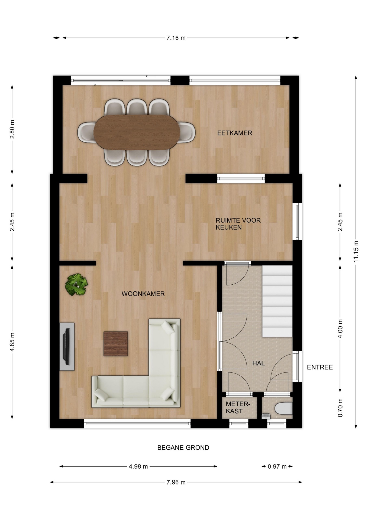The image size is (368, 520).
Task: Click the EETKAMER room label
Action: pos(235,133)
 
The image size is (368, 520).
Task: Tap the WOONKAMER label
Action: pos(143,294)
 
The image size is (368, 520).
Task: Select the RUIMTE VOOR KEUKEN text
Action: pos(238,224)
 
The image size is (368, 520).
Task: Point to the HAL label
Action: pos(259,363)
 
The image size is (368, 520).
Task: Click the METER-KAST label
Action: pos(238,407)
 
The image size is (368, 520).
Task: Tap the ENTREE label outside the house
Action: pos(320,367)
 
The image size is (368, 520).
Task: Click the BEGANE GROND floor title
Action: pos(183,448)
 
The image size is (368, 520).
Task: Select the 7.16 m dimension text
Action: pos(176,38)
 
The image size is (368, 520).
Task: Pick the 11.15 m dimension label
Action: pos(356,251)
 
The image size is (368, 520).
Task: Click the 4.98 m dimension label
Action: pos(138,466)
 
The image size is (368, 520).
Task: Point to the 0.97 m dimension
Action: pos(277,466)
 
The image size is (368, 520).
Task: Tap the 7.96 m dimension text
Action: pos(176,482)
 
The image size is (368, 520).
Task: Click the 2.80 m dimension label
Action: pos(12,129)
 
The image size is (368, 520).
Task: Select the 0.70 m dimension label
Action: pos(340,408)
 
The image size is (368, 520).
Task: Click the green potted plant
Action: pos(77,285)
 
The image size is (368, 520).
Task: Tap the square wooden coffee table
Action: pos(116,344)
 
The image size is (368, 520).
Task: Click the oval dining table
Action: pos(137,132)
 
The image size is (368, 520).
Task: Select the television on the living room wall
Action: pos(66,346)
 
